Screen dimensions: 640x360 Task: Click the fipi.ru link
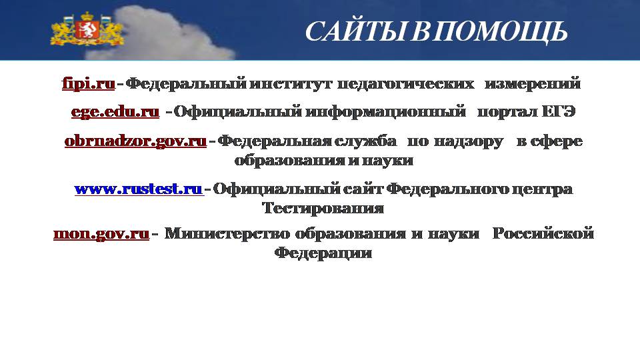click(x=89, y=84)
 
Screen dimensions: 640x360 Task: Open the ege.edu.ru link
click(x=115, y=111)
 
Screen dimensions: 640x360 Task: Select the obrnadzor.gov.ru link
click(x=135, y=141)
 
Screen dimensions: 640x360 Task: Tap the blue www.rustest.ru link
click(x=139, y=189)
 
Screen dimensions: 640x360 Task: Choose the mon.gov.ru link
click(x=101, y=233)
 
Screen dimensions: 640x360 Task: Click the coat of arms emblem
click(x=87, y=29)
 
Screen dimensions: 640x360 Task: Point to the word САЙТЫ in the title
click(x=356, y=31)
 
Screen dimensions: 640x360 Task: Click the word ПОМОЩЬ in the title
click(x=500, y=32)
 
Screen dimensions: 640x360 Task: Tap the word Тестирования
click(x=323, y=208)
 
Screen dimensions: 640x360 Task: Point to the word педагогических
click(x=406, y=84)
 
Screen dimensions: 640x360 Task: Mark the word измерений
click(x=533, y=84)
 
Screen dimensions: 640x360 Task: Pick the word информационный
click(x=386, y=111)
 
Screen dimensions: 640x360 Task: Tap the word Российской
click(x=543, y=233)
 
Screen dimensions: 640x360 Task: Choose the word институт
click(x=291, y=84)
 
